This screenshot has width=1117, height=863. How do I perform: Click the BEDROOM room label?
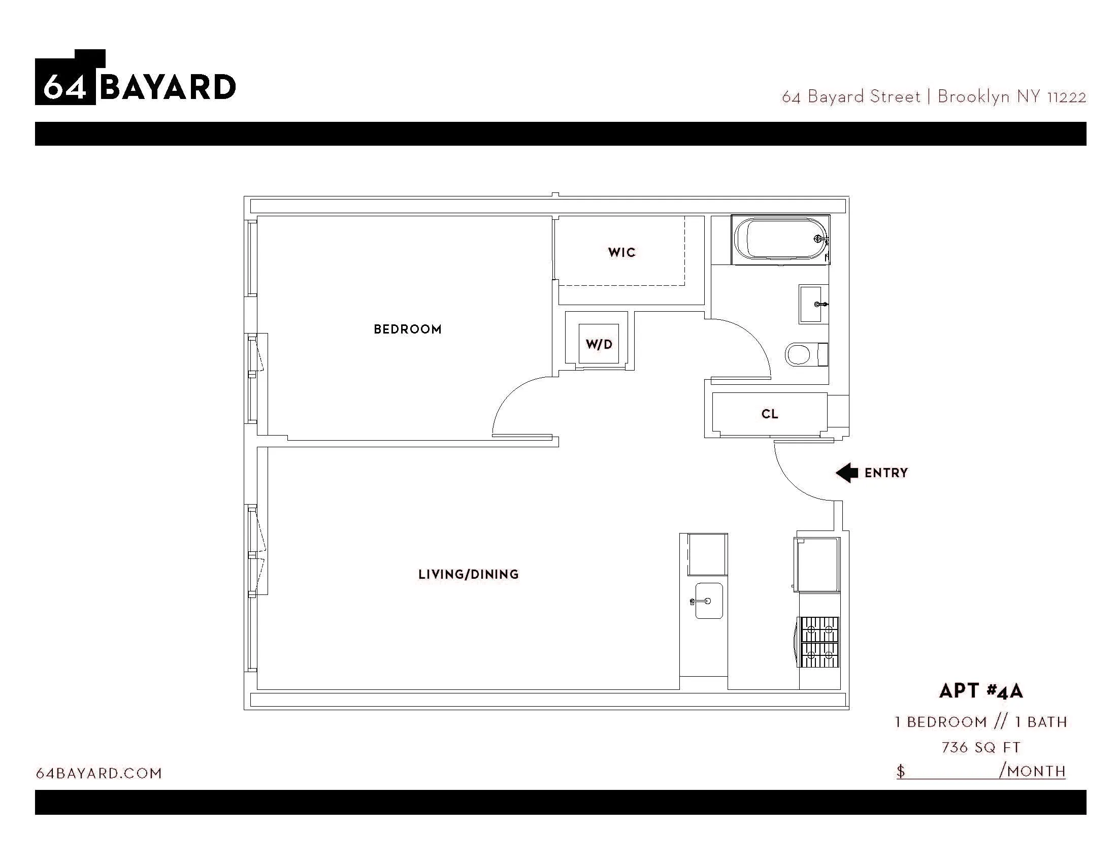[x=408, y=329]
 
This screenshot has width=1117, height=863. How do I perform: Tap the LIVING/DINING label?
[x=469, y=575]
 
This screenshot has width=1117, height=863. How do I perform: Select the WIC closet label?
[x=621, y=253]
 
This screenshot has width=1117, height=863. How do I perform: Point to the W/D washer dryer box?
[x=599, y=344]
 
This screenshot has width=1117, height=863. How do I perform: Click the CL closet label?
[x=770, y=414]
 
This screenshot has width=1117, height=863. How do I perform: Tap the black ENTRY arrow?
[x=847, y=473]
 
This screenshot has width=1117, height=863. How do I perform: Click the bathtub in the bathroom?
[x=779, y=240]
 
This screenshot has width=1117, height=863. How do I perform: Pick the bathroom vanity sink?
[x=813, y=304]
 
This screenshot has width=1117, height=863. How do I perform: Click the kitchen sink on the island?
[x=709, y=601]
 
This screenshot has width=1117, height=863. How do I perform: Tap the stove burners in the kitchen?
[x=819, y=642]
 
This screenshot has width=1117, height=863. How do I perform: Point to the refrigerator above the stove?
[x=817, y=565]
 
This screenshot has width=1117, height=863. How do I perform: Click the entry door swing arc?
[x=792, y=483]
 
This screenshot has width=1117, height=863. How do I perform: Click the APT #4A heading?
[x=980, y=691]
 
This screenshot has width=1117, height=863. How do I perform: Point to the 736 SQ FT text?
[x=980, y=747]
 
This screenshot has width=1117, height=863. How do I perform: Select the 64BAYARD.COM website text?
[x=98, y=773]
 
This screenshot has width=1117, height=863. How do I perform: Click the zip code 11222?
[x=1066, y=97]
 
